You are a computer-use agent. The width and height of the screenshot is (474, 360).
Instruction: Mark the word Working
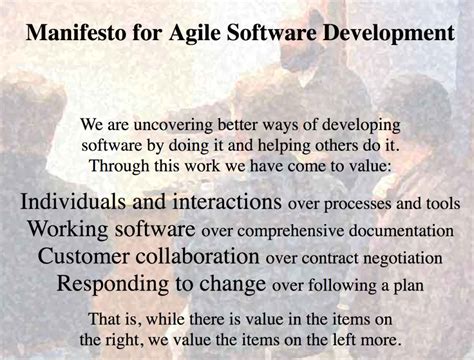pos(68,227)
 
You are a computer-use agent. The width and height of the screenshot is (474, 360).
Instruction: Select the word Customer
pos(82,255)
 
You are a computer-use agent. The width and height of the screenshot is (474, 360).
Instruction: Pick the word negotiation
pos(394,258)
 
